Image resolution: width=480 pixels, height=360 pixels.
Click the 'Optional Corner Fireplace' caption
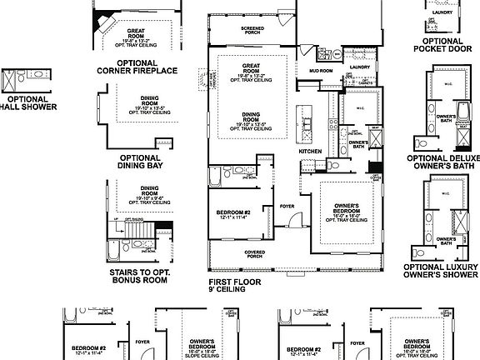[137, 66]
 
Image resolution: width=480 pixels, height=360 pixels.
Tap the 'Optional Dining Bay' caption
[140, 162]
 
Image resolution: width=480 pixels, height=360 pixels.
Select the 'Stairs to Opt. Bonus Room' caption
[140, 276]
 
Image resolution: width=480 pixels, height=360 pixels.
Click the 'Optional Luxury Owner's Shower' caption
[442, 271]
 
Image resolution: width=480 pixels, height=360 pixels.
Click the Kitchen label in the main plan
[311, 151]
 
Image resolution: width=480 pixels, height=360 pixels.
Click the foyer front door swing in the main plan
[295, 220]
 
